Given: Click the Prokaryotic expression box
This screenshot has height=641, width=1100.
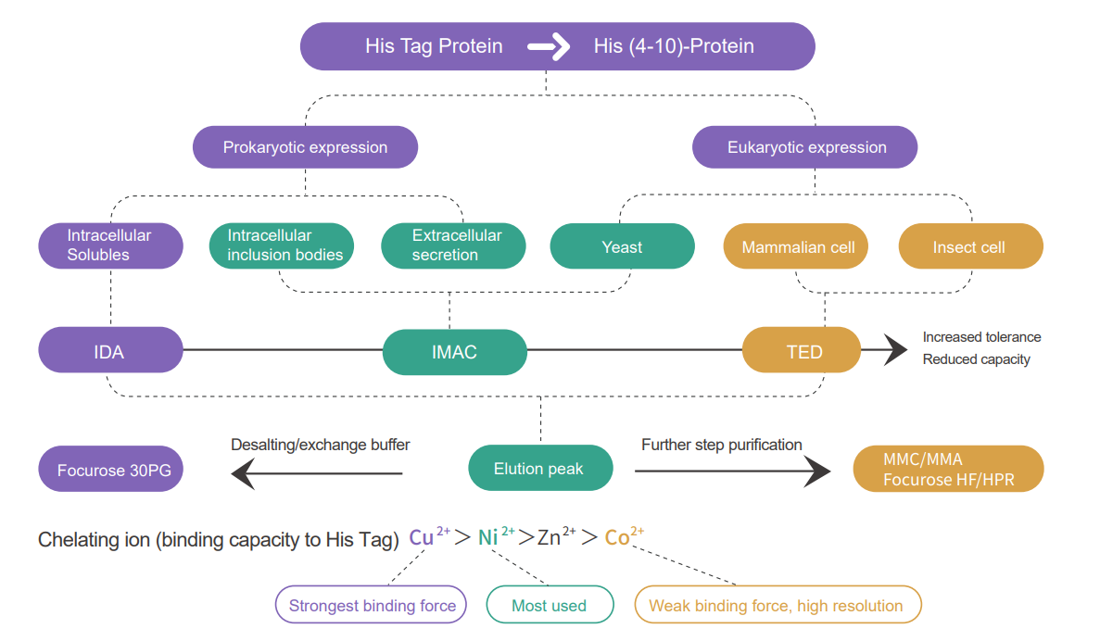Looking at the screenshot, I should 305,147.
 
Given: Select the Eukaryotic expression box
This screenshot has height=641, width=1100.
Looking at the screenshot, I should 806,147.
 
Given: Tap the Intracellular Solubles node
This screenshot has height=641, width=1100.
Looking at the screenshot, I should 110,245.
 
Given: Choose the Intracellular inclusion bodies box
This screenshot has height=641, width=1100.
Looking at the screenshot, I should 282,245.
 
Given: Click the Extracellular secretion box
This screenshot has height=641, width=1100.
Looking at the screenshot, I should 453,245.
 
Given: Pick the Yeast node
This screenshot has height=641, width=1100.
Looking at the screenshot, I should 622,246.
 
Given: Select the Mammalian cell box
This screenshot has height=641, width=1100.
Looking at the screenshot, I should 797,247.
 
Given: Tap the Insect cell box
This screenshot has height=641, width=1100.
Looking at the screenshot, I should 970,247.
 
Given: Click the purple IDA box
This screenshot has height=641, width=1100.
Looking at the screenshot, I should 110,351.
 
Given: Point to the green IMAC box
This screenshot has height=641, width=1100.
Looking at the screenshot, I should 454,352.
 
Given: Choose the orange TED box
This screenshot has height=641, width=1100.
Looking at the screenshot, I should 801,351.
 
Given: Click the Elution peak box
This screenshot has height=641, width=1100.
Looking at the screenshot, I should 539,468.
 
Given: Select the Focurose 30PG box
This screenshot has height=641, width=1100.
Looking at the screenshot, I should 110,470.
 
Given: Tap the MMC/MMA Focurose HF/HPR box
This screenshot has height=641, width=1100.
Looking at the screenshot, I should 947,469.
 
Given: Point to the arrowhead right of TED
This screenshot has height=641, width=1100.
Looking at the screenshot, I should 895,349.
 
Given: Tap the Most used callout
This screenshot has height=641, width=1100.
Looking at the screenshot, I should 550,606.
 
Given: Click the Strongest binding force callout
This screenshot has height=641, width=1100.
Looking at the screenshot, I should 372,606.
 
